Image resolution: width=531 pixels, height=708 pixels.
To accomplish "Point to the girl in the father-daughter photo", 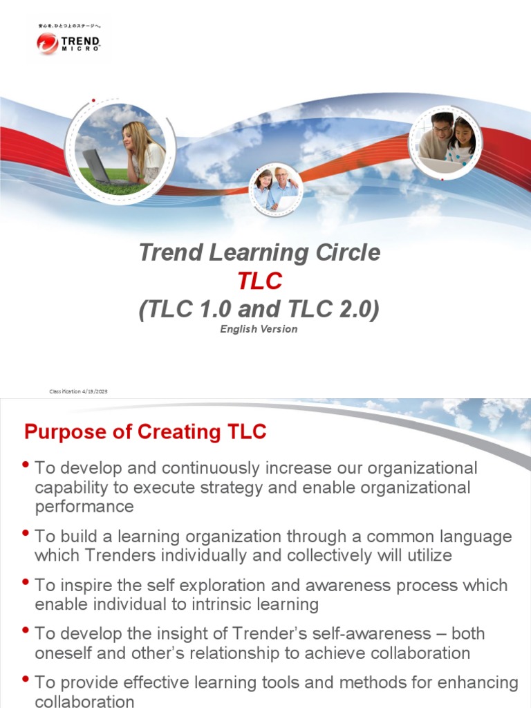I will (x=461, y=138).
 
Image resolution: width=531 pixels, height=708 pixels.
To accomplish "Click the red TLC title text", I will (x=259, y=281).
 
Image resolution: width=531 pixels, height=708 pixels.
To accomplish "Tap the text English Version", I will (x=259, y=329).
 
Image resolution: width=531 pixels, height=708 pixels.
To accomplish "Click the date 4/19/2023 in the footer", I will (x=94, y=392).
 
